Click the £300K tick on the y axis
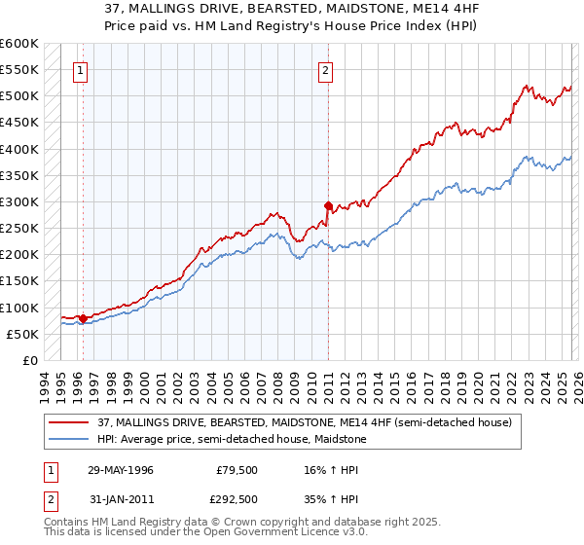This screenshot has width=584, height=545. click(x=19, y=202)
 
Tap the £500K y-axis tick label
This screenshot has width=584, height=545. click(x=19, y=96)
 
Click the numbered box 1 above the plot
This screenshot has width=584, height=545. click(x=80, y=70)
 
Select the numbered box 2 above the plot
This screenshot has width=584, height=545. click(x=325, y=70)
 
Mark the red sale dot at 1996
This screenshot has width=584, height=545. click(x=83, y=318)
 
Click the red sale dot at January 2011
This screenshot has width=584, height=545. click(x=328, y=206)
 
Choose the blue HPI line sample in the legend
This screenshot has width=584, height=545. click(x=68, y=439)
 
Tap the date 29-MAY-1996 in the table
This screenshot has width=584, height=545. click(x=121, y=470)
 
